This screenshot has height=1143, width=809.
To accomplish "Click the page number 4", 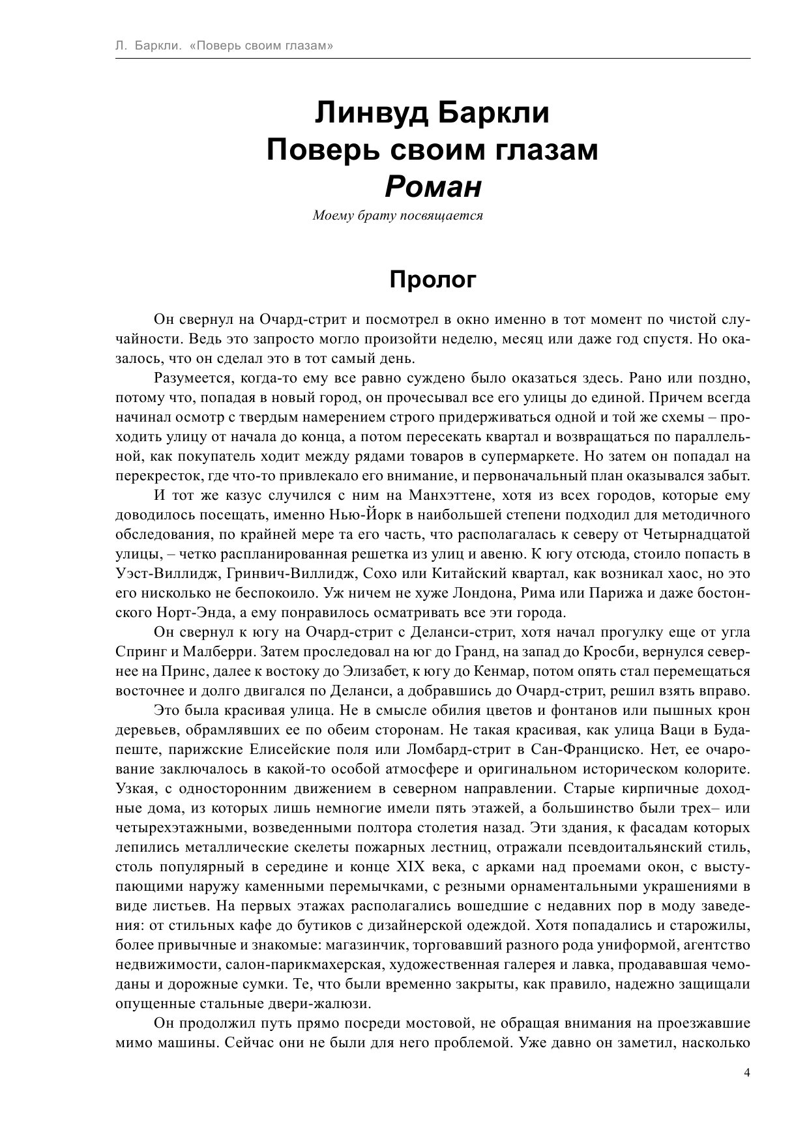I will pos(747,1073).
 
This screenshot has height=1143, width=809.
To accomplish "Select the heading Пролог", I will pos(433,280).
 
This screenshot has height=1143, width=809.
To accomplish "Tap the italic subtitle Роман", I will pos(433,187).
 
